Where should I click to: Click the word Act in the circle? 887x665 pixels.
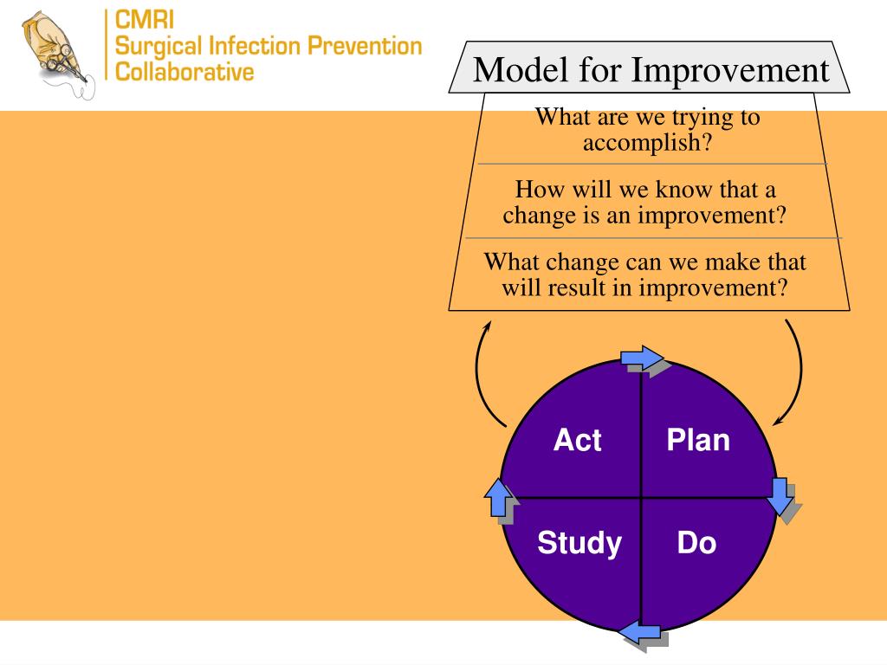click(577, 440)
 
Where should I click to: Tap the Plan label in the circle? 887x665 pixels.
click(698, 440)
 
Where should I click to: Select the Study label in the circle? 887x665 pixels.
click(579, 544)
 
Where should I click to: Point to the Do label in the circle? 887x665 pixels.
click(696, 544)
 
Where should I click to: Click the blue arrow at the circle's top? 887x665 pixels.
click(642, 358)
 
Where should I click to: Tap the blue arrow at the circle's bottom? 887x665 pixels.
click(642, 634)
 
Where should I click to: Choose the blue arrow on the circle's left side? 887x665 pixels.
click(498, 498)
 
